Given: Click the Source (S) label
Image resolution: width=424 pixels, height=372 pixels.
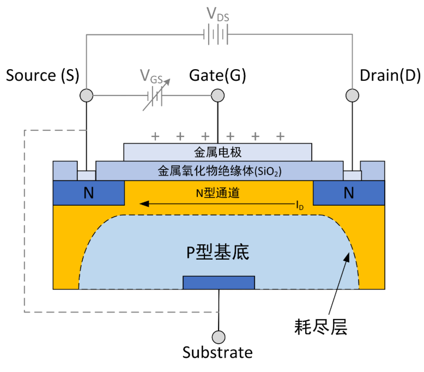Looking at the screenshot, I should [x=43, y=75].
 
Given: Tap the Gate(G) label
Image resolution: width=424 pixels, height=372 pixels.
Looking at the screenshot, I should [x=217, y=75].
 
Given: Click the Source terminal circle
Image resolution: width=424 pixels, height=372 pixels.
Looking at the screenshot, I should [x=86, y=96].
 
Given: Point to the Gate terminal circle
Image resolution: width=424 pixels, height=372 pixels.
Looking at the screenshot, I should [x=217, y=96].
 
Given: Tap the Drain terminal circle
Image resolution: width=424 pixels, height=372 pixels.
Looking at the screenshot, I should [x=352, y=96].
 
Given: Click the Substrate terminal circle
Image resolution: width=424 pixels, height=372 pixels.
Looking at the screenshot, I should [x=219, y=337].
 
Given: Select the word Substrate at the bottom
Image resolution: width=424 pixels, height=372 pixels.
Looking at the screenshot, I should [x=217, y=352].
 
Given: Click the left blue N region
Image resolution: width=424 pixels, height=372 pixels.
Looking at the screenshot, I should [x=88, y=193].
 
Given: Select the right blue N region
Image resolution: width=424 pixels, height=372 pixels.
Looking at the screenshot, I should [x=349, y=193].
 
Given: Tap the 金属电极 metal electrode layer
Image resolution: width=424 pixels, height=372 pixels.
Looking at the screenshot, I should [x=217, y=152].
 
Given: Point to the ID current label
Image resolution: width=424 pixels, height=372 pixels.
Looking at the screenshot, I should [x=300, y=206].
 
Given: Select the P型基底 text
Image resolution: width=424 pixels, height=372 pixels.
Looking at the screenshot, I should [x=218, y=252].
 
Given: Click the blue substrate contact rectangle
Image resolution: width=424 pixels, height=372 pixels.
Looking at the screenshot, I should [x=219, y=282].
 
